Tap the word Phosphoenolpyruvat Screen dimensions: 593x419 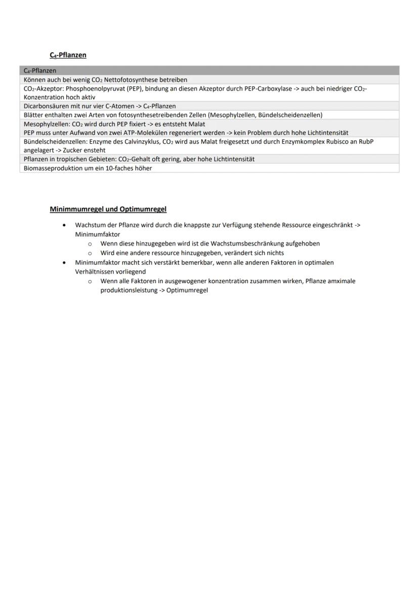click(x=95, y=89)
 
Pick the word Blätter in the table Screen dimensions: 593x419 click(x=34, y=115)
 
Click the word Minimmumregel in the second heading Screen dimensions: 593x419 click(x=77, y=209)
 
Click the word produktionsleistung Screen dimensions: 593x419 click(x=125, y=290)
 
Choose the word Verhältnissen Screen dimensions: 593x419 click(x=95, y=271)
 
